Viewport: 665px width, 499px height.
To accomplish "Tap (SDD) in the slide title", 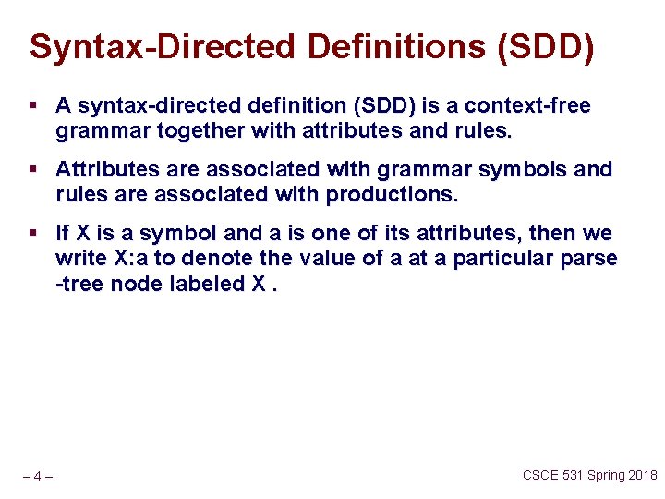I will click(545, 47).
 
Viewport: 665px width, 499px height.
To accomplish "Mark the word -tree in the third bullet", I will click(79, 284).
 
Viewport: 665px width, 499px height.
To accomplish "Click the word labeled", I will click(207, 284).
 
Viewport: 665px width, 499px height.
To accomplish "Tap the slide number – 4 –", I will click(37, 477).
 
